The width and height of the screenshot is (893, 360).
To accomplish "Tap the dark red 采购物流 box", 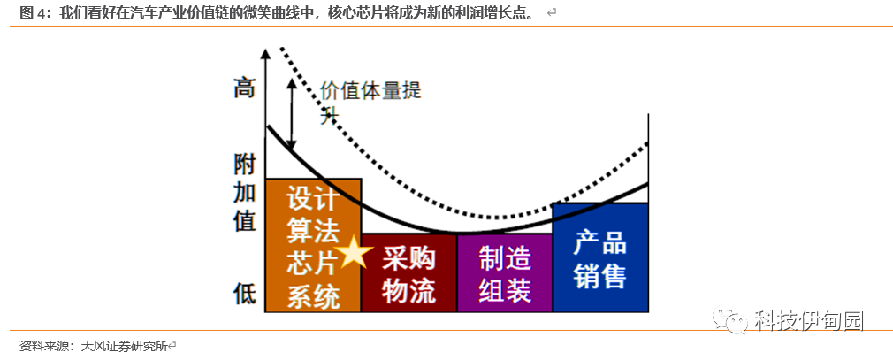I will click(408, 273).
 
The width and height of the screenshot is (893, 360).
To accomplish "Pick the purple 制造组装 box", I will click(505, 273).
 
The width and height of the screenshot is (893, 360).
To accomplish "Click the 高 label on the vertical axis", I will click(244, 88).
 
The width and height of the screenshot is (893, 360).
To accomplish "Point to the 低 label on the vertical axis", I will click(244, 293).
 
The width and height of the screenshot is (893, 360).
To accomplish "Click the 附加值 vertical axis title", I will click(245, 192).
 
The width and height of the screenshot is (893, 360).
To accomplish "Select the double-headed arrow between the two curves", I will click(292, 114).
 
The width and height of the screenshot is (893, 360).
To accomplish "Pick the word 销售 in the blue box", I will click(600, 277).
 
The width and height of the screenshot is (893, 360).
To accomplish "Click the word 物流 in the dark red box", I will click(408, 291).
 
